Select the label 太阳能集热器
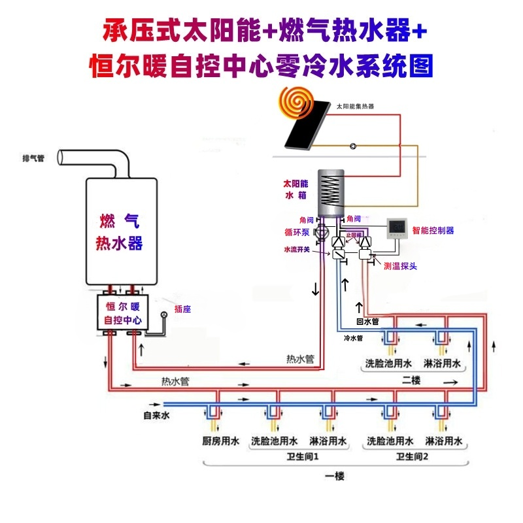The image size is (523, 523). click(356, 106)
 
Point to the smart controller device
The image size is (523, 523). click(398, 228)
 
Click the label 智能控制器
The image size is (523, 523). click(433, 231)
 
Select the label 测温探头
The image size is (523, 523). click(401, 266)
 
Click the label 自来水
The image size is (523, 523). click(157, 414)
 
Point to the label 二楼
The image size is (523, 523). click(411, 380)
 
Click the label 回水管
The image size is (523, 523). click(367, 322)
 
